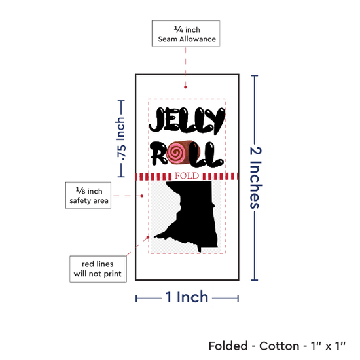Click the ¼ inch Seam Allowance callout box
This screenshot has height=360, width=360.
point(186,33)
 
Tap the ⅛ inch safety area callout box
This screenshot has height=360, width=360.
point(88,196)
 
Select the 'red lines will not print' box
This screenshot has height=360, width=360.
point(98,269)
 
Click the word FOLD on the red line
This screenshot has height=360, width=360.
point(187,176)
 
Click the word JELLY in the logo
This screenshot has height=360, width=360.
point(187,121)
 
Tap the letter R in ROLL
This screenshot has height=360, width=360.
point(159,153)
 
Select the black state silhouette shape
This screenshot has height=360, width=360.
point(187,216)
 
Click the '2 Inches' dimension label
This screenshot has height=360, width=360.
point(255,177)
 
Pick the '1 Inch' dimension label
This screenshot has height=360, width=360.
point(187,297)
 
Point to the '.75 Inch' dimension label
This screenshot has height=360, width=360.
point(120,139)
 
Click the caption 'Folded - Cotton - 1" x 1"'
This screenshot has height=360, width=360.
point(277,346)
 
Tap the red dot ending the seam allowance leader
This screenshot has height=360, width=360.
point(185,87)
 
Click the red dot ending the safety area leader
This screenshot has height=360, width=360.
point(142,196)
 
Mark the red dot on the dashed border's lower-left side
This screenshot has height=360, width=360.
point(148,237)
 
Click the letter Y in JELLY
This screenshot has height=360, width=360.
point(215,121)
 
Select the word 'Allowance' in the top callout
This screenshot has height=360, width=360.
point(198,39)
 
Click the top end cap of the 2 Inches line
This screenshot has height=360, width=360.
point(255,75)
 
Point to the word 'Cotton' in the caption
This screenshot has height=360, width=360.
point(279,346)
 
